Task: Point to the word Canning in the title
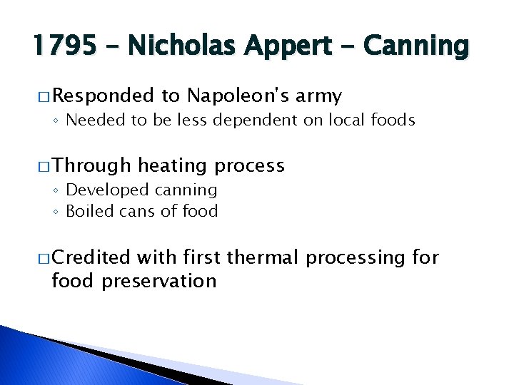417,46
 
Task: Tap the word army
318,96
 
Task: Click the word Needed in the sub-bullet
93,120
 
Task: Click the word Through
91,166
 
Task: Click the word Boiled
86,211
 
